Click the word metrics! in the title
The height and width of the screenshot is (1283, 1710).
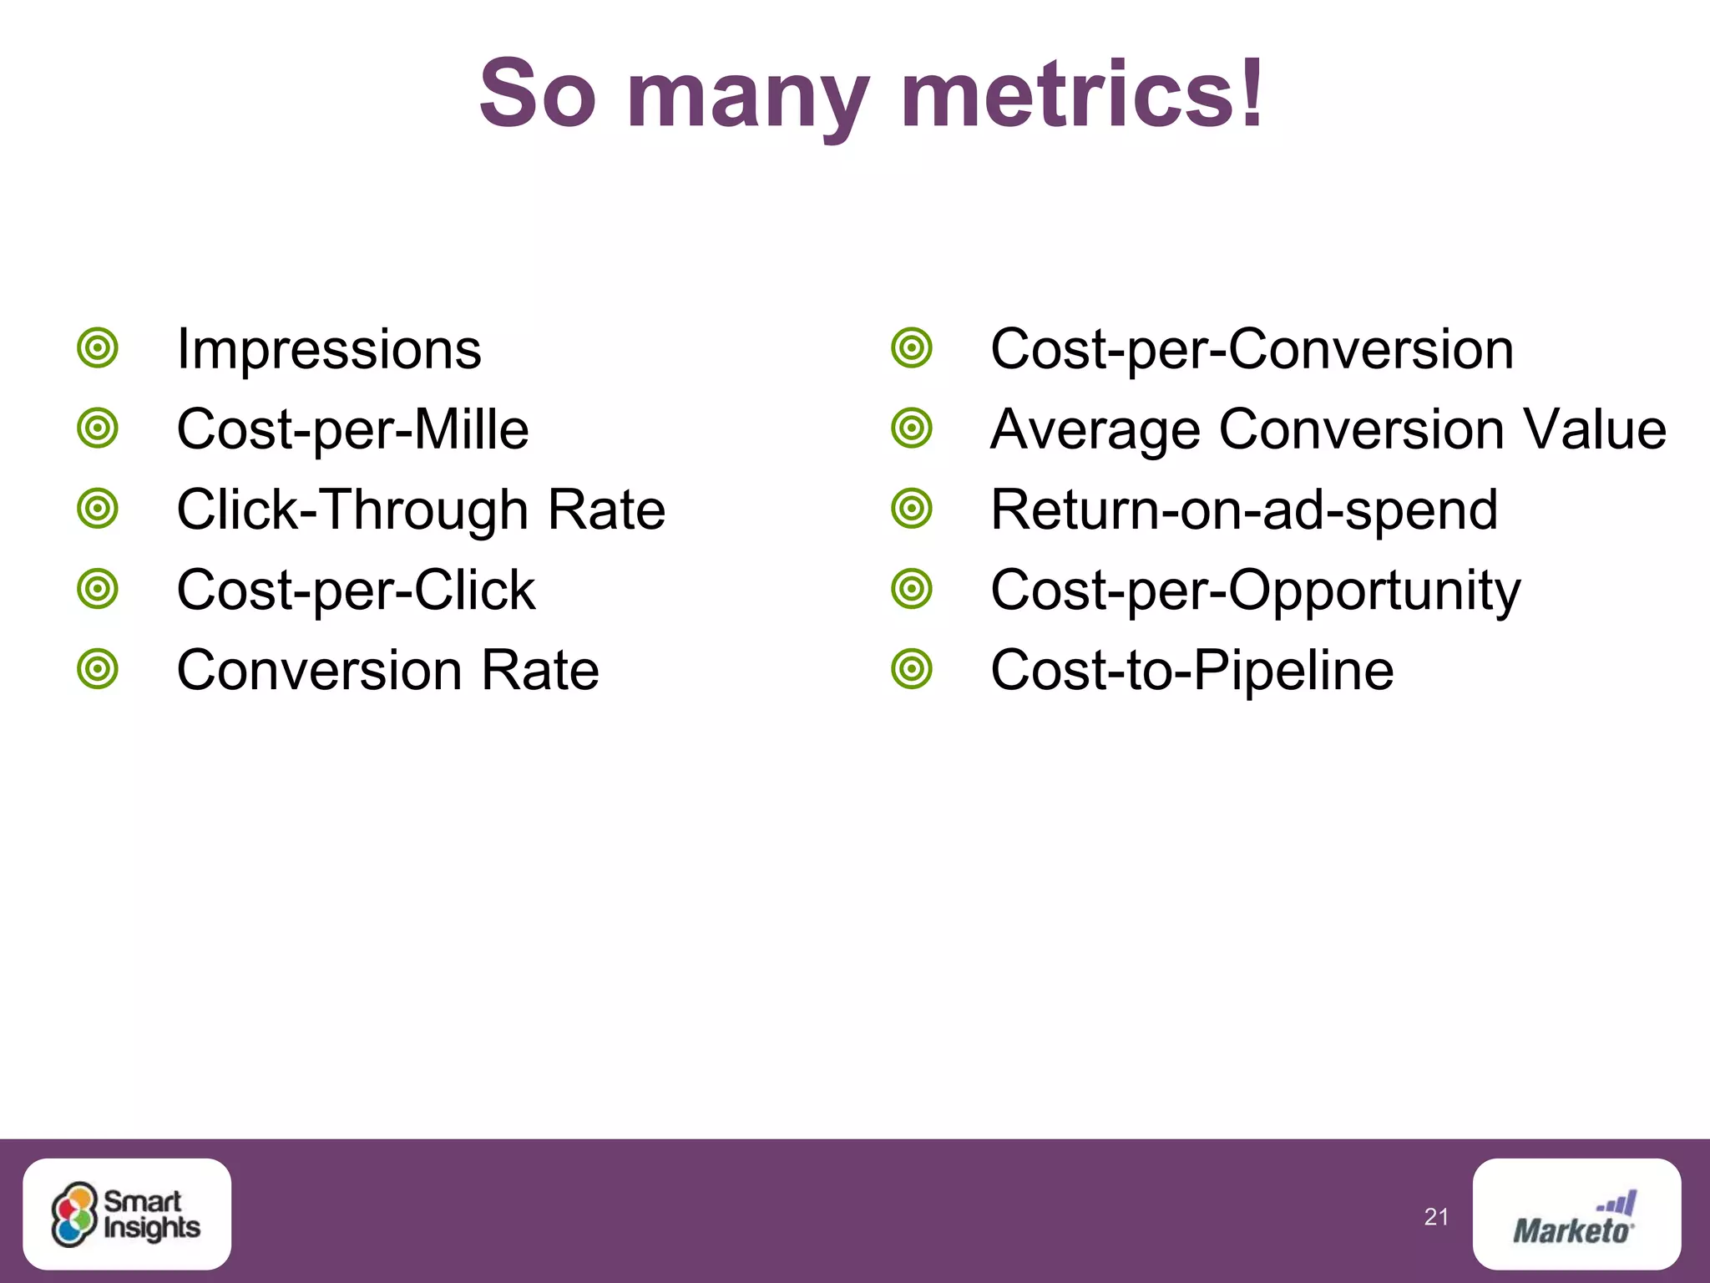coord(1082,94)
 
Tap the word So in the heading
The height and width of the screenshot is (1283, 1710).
coord(538,94)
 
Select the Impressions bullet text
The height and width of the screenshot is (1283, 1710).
coord(329,349)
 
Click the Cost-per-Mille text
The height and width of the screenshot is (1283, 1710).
coord(352,429)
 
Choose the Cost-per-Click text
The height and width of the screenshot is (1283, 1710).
coord(356,590)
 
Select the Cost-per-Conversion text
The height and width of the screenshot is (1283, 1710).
coord(1252,349)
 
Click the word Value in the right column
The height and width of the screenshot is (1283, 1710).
coord(1594,429)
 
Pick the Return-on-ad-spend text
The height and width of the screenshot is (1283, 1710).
coord(1244,510)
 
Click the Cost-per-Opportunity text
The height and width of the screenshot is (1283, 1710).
coord(1255,590)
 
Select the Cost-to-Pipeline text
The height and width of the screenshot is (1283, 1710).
coord(1191,670)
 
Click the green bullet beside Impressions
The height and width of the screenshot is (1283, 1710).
coord(98,347)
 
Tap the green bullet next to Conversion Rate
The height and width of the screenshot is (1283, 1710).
coord(98,669)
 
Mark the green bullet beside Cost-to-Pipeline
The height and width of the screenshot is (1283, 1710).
coord(911,669)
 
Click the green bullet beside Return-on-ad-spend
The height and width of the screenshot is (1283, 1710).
coord(911,509)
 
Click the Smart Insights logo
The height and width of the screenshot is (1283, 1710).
coord(127,1215)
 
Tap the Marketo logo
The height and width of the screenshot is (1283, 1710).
coord(1576,1215)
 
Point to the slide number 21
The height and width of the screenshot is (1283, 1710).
coord(1436,1217)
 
